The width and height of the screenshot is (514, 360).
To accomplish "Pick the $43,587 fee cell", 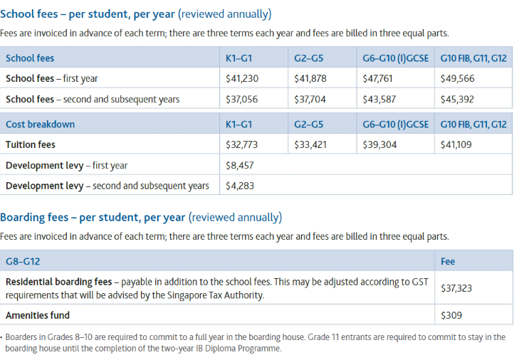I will tap(379, 100).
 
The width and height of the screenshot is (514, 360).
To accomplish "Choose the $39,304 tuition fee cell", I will tap(379, 144).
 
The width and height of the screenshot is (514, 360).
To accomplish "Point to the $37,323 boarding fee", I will tap(457, 288).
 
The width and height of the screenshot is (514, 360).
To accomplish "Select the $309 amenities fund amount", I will tap(451, 314).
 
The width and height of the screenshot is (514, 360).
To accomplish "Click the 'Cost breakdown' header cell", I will tap(40, 124).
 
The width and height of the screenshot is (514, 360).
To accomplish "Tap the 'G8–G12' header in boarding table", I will tap(22, 261).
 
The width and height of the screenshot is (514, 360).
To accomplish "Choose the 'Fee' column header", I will tap(448, 261).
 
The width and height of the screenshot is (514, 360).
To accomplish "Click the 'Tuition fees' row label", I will tap(31, 144).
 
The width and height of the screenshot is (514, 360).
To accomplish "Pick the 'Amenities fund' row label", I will tap(38, 314).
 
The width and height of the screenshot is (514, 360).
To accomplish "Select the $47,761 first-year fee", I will tap(379, 79).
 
